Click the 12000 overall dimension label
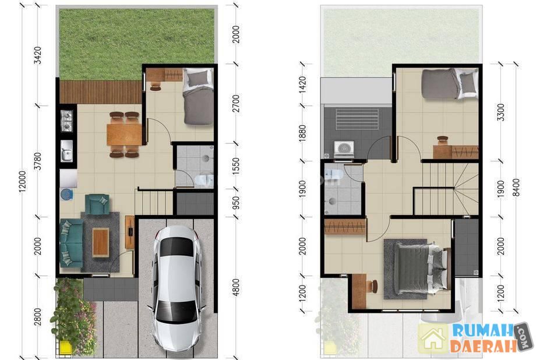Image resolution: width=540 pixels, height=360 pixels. coord(22,181)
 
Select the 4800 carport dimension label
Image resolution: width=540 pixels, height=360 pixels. coord(236,287)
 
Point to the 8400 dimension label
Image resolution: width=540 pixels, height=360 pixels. coord(516,188)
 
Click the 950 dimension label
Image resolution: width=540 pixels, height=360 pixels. coord(236,203)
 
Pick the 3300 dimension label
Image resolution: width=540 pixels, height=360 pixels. coord(501,112)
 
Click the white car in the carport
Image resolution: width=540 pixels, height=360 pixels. coord(177,288)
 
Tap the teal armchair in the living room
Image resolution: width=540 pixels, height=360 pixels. coord(97,204)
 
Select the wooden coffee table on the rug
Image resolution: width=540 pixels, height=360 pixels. coord(101,242)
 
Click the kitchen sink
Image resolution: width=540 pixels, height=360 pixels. coord(66,150)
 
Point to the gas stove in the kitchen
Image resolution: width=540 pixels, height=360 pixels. coord(66,121)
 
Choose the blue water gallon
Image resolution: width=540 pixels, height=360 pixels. coord(66,195)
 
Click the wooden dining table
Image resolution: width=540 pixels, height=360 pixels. coord(124,135)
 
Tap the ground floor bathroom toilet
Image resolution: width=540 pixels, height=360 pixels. coord(204,180)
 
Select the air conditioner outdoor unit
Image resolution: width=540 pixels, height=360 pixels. coord(344,149)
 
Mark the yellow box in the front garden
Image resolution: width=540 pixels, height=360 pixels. coord(65,347)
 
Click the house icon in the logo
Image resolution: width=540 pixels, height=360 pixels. coord(433,339)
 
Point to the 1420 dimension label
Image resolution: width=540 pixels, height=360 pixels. coord(302,84)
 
